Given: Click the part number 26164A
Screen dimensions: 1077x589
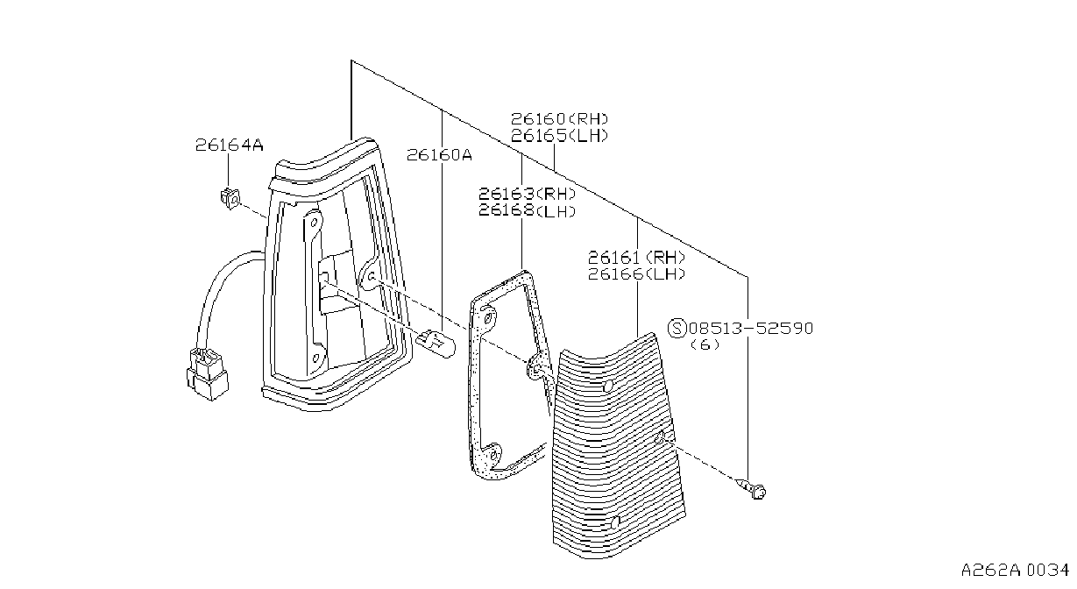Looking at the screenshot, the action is (x=230, y=145).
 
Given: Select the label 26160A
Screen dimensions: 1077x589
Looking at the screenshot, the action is (x=439, y=155).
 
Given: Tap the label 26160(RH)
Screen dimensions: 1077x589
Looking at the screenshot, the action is (x=560, y=118).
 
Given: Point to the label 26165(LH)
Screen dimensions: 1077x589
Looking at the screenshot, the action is (x=560, y=136).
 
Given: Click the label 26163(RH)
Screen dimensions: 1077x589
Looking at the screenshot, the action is (x=527, y=194).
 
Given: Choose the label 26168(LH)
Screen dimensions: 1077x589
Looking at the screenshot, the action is (x=527, y=210).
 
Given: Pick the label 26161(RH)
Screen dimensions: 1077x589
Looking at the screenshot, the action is (x=636, y=258).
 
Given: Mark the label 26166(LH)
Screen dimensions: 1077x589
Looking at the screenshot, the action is (x=636, y=274).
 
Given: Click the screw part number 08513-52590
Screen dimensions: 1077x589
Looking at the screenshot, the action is (x=751, y=329).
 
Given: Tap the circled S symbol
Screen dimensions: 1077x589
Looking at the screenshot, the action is (x=677, y=329).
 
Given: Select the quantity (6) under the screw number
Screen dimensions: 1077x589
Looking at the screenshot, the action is (x=705, y=344).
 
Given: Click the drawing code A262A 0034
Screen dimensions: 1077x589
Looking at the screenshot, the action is (x=1015, y=571).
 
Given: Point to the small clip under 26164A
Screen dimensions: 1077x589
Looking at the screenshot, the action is (x=230, y=197).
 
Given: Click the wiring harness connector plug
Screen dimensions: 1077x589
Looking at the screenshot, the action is (x=208, y=374).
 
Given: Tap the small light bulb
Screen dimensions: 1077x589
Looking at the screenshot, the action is (x=436, y=344).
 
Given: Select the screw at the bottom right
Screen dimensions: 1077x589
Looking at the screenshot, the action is (x=752, y=488).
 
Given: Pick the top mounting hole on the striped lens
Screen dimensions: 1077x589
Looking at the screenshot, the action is (x=608, y=386).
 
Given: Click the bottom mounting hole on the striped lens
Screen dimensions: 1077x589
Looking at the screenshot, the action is (x=614, y=523).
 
